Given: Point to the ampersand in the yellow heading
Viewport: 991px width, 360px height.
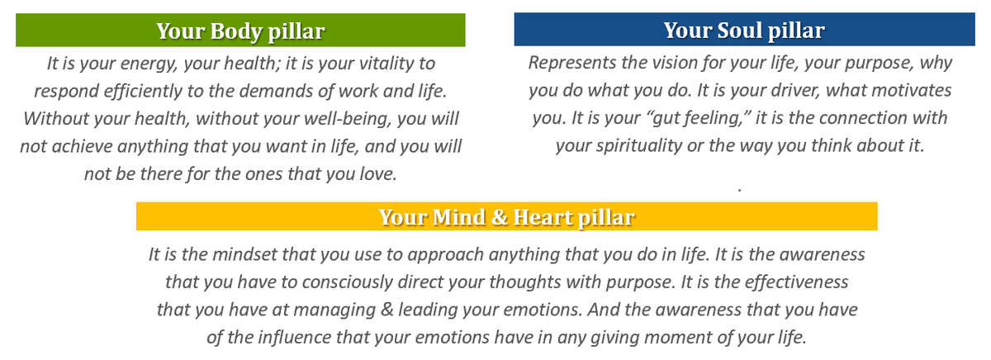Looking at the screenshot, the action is [500, 217].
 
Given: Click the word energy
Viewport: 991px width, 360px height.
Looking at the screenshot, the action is [149, 64].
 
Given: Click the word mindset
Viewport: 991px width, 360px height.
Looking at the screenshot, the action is [244, 255].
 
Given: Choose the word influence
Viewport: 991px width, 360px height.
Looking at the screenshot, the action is [294, 337].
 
